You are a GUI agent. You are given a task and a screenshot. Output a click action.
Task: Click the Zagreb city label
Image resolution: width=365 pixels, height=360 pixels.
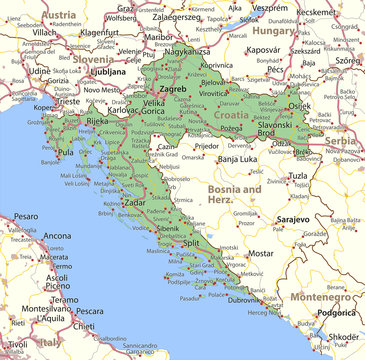(x=173, y=88)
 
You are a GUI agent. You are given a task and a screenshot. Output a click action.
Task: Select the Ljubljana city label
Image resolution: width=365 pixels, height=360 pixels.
(x=107, y=72)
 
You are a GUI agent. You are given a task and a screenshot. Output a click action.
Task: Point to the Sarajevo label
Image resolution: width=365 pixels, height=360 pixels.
(x=293, y=217)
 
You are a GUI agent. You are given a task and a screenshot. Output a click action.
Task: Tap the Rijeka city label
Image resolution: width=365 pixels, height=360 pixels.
(x=97, y=121)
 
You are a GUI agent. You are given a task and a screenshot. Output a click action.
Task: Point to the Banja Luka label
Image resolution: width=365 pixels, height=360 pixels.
(x=239, y=159)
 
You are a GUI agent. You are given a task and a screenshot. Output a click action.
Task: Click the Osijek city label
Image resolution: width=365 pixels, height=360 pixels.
(x=300, y=107)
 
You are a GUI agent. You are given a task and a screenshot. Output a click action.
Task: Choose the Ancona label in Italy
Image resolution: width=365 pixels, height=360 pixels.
(x=57, y=236)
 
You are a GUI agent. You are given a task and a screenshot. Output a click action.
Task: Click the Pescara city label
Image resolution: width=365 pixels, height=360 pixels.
(x=89, y=310)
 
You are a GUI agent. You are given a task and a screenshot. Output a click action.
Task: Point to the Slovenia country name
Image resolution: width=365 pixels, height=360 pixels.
(x=92, y=59)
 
